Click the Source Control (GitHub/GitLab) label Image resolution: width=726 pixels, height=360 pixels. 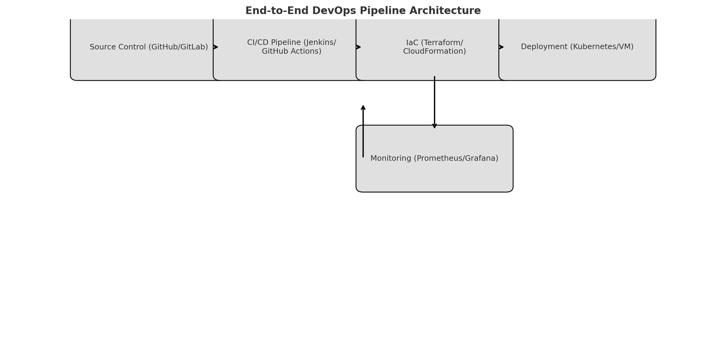(149, 47)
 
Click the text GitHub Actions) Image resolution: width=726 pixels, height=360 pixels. (291, 51)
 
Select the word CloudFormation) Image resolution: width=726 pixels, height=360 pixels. (435, 51)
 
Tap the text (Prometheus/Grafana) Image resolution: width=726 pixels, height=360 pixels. (456, 158)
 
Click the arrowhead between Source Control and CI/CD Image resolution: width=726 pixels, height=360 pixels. (216, 47)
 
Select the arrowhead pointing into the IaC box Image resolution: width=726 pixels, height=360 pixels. (359, 47)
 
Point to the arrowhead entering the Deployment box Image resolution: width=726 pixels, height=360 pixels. (501, 47)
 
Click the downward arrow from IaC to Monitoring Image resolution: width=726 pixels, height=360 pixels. (435, 103)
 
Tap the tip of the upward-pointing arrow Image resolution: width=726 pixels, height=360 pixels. (363, 106)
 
